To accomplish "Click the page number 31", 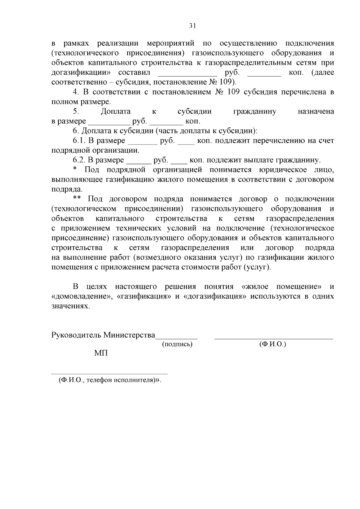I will click(192, 26).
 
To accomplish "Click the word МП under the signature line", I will click(101, 353).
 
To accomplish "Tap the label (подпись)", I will click(177, 344).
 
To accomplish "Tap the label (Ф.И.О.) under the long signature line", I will click(273, 344).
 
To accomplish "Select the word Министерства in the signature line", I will click(129, 335).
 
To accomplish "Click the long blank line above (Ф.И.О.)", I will click(274, 338).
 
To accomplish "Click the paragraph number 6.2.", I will click(79, 160).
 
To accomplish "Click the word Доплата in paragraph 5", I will click(115, 112).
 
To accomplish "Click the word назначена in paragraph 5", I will click(316, 112).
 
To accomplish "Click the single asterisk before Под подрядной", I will click(75, 170).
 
